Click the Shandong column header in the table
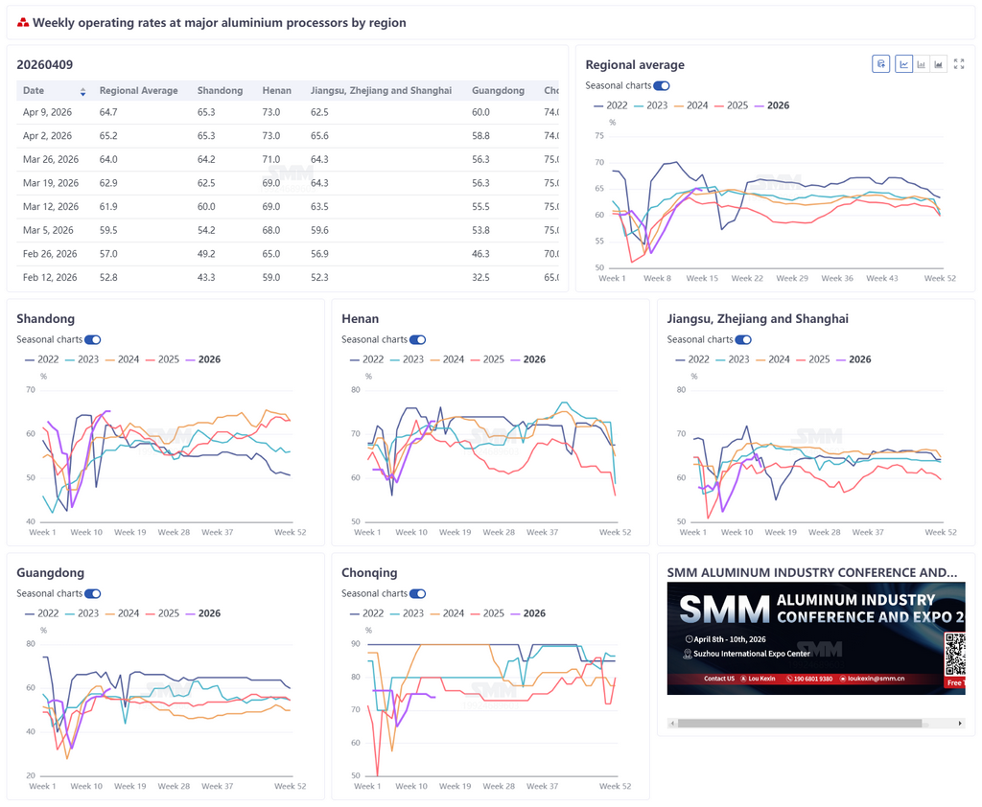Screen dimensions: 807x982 coord(220,91)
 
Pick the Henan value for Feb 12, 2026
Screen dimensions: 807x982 coord(270,278)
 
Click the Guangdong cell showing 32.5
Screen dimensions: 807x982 coord(480,278)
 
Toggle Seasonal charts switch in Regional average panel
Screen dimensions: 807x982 coord(662,85)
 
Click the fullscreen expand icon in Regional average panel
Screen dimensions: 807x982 coord(959,64)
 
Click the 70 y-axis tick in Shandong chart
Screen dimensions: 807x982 coord(31,390)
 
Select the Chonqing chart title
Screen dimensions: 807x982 coord(369,573)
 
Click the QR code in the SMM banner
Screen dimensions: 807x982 coord(954,655)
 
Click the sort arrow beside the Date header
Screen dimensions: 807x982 coord(82,91)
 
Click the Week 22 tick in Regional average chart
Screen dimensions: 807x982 coord(747,278)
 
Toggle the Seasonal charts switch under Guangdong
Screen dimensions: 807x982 coord(93,593)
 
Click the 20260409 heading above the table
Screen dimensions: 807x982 coord(45,64)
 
